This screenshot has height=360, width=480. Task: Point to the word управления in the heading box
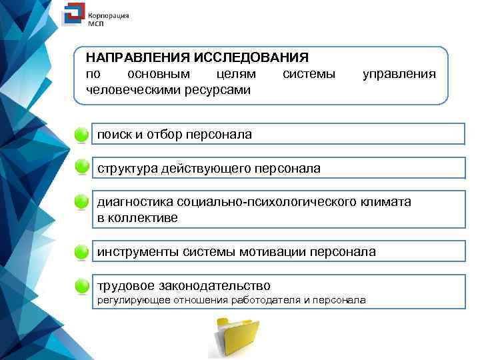(399, 73)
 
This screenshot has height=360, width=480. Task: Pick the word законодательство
(213, 285)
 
